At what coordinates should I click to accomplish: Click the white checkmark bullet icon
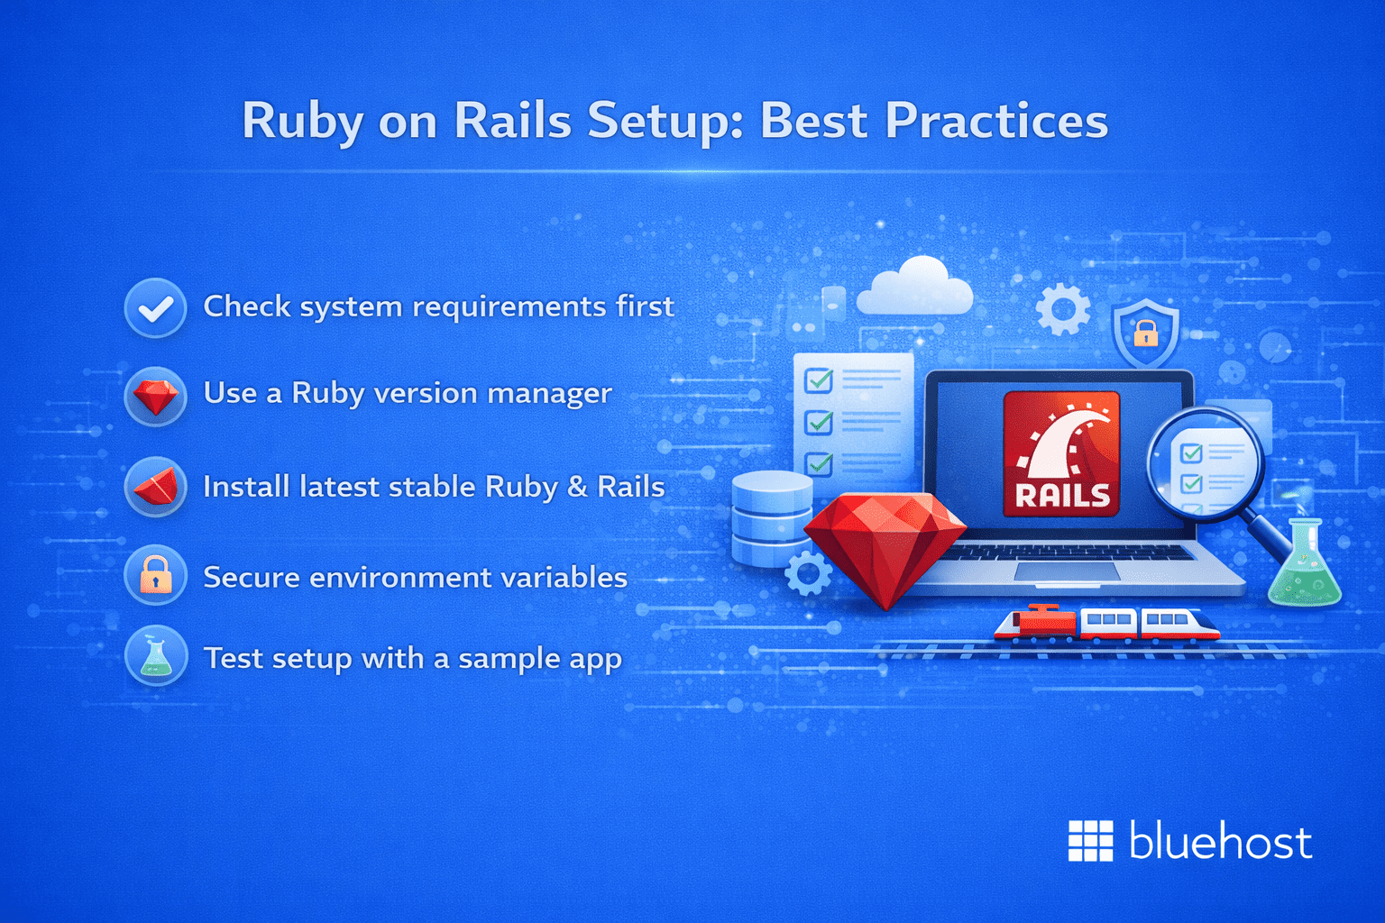pos(156,308)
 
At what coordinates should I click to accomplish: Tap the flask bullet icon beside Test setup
pos(156,656)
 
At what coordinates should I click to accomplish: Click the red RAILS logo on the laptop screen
pos(1061,453)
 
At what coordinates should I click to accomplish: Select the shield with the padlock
pos(1145,332)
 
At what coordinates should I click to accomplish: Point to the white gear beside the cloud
pos(1062,309)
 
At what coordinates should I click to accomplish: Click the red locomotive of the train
pos(1037,621)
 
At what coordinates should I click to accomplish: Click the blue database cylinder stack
pos(771,518)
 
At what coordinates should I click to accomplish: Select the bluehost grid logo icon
pos(1090,841)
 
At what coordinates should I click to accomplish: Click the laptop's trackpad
pos(1067,571)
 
